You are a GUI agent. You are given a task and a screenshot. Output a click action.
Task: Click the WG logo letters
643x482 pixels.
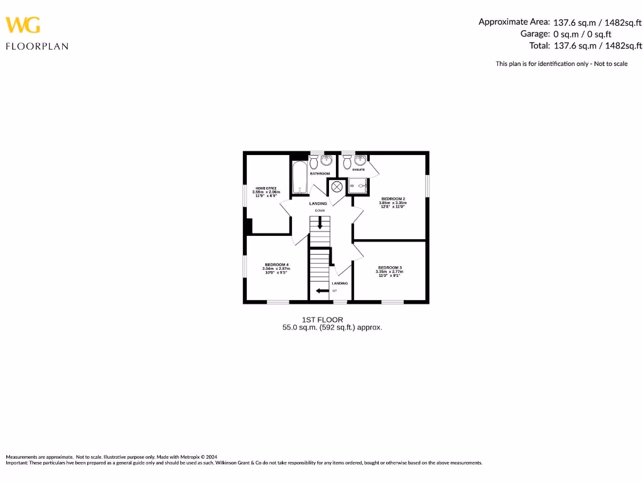pyautogui.click(x=23, y=24)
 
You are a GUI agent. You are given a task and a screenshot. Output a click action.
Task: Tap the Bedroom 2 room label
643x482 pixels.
pyautogui.click(x=389, y=199)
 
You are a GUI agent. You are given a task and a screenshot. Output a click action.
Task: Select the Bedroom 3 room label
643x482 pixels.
pyautogui.click(x=389, y=267)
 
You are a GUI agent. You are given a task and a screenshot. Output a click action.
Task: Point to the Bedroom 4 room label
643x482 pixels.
pyautogui.click(x=276, y=265)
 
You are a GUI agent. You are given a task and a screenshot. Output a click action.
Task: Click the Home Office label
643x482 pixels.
pyautogui.click(x=266, y=188)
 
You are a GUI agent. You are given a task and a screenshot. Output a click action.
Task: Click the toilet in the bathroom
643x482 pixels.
pyautogui.click(x=314, y=161)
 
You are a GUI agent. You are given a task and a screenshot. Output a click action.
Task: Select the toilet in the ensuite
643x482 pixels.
pyautogui.click(x=347, y=162)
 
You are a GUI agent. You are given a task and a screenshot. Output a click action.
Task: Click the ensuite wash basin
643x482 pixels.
pyautogui.click(x=360, y=161)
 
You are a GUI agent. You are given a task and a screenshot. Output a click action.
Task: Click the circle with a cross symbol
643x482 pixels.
pyautogui.click(x=337, y=186)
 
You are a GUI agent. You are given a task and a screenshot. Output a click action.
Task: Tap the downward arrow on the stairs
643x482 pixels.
pyautogui.click(x=320, y=223)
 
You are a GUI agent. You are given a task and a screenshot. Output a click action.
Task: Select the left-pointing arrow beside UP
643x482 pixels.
pyautogui.click(x=322, y=291)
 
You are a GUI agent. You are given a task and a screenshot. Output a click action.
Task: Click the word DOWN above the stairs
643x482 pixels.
pyautogui.click(x=320, y=211)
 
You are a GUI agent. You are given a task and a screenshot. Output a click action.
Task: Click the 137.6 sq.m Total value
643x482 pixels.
pyautogui.click(x=575, y=45)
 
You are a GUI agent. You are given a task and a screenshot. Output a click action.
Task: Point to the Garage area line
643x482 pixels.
pyautogui.click(x=566, y=34)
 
